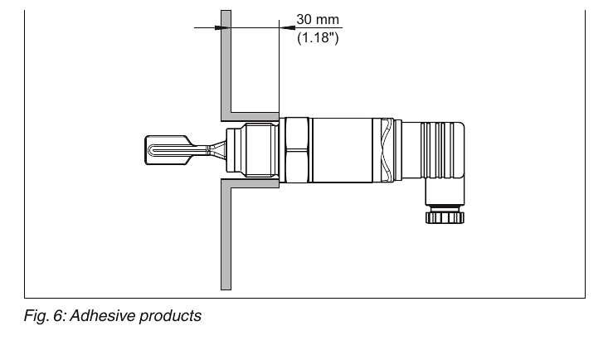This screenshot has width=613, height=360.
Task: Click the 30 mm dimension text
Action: [318, 19]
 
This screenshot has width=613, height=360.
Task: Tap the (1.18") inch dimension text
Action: [318, 38]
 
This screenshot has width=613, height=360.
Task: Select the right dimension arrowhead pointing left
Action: [287, 27]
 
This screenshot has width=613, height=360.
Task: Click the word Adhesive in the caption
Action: [103, 315]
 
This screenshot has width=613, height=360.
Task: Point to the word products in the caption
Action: [170, 316]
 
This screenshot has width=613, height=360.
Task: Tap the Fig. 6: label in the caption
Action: [45, 316]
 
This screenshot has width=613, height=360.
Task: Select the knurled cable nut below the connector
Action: [445, 216]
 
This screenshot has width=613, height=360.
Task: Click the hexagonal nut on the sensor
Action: [297, 150]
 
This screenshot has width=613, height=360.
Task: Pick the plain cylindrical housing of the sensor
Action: [343, 150]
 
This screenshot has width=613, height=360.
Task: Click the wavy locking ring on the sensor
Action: [387, 150]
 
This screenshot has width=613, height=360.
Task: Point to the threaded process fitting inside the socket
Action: [261, 150]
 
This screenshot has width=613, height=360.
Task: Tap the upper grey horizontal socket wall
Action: [255, 116]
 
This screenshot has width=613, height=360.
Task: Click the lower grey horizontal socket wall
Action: [255, 183]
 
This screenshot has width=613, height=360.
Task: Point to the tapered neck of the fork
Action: [216, 150]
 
